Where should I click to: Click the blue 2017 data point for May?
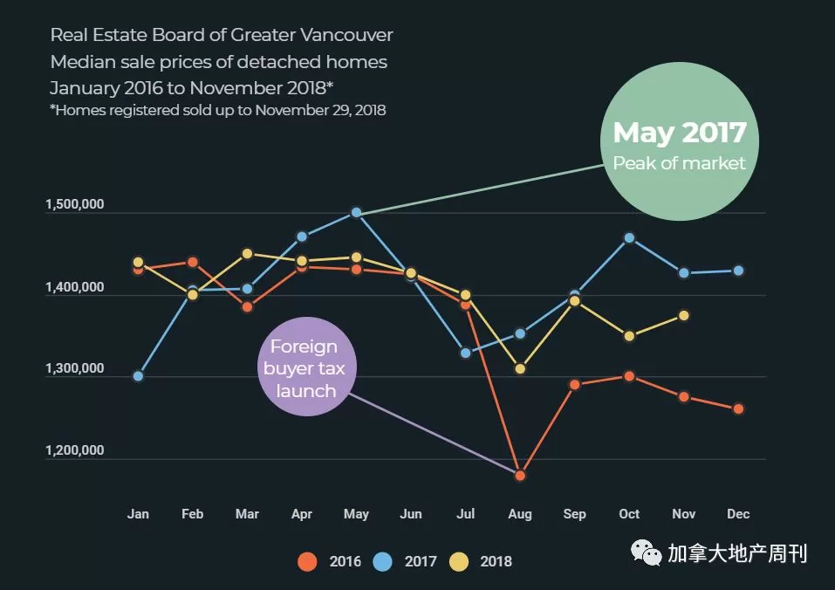tap(356, 212)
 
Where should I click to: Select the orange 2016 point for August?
tap(520, 475)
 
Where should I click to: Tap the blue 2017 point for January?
tap(138, 376)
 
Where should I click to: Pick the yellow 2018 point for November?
tap(684, 316)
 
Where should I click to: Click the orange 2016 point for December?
tap(738, 409)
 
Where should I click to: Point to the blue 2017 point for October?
tap(629, 237)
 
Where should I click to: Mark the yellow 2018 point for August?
tap(520, 368)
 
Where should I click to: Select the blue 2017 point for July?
tap(465, 353)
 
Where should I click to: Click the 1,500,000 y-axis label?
tap(74, 204)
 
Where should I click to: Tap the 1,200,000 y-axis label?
tap(74, 450)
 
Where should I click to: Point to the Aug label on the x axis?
tap(520, 514)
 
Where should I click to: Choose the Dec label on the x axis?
tap(738, 514)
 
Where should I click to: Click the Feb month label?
tap(192, 514)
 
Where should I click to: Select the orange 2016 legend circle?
tap(307, 561)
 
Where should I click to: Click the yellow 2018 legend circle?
tap(458, 561)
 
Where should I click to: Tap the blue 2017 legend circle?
tap(382, 561)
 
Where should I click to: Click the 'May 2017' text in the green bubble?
tap(680, 133)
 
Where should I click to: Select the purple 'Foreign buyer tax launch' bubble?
tap(307, 367)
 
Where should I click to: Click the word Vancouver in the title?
tap(346, 35)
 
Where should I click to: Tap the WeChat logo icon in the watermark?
tap(646, 553)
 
